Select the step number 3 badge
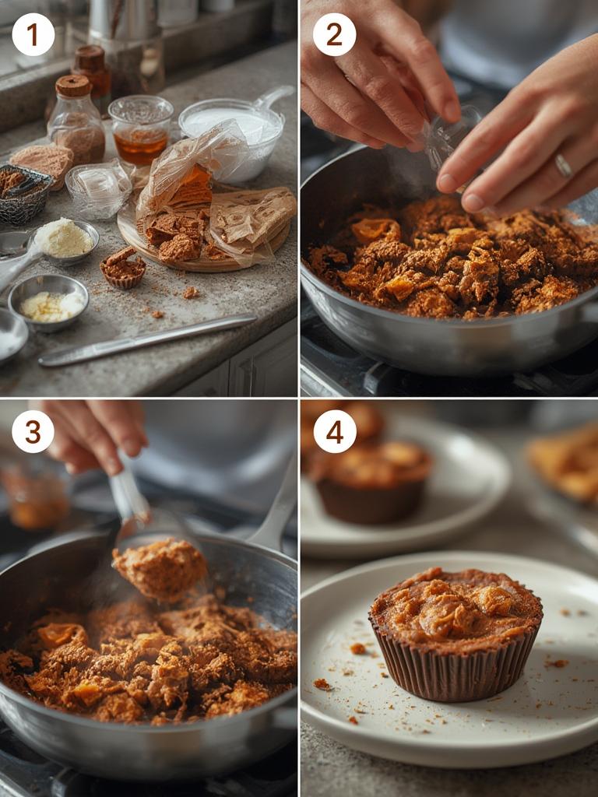tap(33, 431)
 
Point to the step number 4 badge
tap(334, 431)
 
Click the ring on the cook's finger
tap(563, 166)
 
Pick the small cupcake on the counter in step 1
tap(123, 268)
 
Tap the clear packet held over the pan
tap(448, 136)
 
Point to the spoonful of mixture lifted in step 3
tap(160, 568)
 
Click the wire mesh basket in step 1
tap(23, 195)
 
